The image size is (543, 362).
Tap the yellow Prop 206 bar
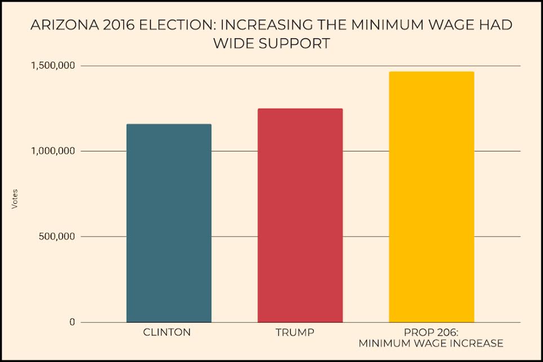pyautogui.click(x=431, y=196)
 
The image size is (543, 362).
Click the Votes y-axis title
pyautogui.click(x=15, y=199)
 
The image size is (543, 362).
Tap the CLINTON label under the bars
pyautogui.click(x=168, y=333)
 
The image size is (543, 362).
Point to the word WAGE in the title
pyautogui.click(x=454, y=26)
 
